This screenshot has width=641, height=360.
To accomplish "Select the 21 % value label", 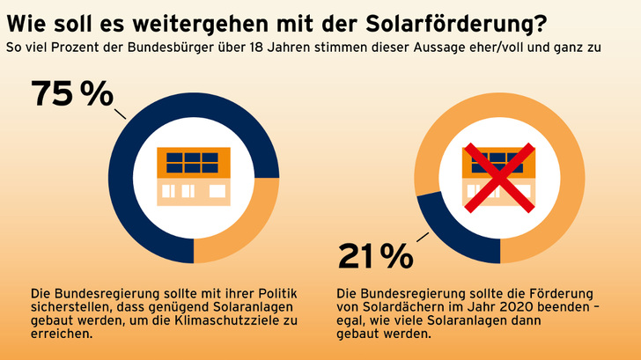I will (375, 255).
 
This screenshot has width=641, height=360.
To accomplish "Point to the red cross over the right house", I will (499, 176).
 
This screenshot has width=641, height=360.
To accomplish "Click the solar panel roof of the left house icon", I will (193, 163).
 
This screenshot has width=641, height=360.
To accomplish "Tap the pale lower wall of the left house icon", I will (193, 192).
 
